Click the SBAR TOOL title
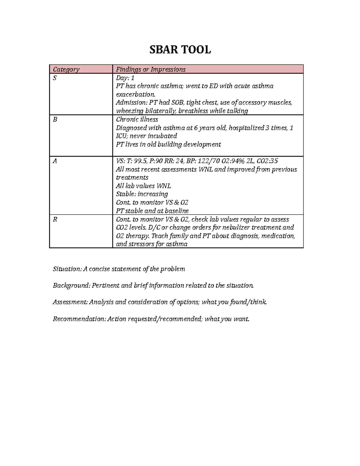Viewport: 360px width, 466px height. coord(180,50)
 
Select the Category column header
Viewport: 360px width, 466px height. coord(66,70)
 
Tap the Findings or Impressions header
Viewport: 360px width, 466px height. coord(151,70)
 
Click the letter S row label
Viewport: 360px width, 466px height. coord(55,78)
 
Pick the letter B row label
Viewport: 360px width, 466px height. coord(55,119)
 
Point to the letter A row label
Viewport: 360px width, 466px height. coord(55,161)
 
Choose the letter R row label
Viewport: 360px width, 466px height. coord(55,219)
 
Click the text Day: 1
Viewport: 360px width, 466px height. coord(125,78)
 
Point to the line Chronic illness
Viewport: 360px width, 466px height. coord(137,119)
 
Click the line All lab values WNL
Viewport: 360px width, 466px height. coord(143,186)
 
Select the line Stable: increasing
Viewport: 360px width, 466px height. coord(142,194)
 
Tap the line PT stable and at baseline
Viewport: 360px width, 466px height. coord(152,211)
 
